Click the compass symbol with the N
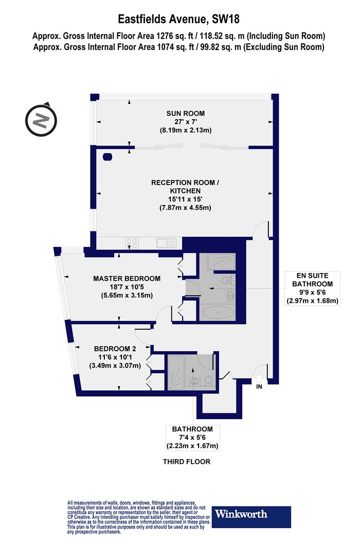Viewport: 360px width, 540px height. pyautogui.click(x=41, y=120)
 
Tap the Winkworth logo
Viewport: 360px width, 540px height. pyautogui.click(x=251, y=517)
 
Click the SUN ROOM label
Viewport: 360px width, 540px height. pyautogui.click(x=185, y=113)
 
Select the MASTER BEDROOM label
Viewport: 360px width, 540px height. pyautogui.click(x=127, y=279)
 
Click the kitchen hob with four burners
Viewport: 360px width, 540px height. pyautogui.click(x=132, y=243)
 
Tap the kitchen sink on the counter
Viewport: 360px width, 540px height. pyautogui.click(x=167, y=243)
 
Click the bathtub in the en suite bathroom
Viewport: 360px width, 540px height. pyautogui.click(x=218, y=313)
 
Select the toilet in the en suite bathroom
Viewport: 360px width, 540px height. pyautogui.click(x=227, y=280)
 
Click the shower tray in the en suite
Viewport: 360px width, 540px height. pyautogui.click(x=222, y=262)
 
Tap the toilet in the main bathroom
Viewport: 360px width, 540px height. pyautogui.click(x=208, y=381)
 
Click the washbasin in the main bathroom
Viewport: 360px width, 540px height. pyautogui.click(x=195, y=382)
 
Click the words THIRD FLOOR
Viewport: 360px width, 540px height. pyautogui.click(x=186, y=461)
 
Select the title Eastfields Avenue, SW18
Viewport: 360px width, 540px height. pyautogui.click(x=179, y=19)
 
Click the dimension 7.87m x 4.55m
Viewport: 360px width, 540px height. pyautogui.click(x=185, y=208)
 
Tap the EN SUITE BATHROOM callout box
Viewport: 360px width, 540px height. pyautogui.click(x=313, y=288)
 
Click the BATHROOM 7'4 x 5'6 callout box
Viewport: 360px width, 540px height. pyautogui.click(x=192, y=438)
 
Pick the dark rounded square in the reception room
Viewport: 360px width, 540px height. pyautogui.click(x=107, y=157)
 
